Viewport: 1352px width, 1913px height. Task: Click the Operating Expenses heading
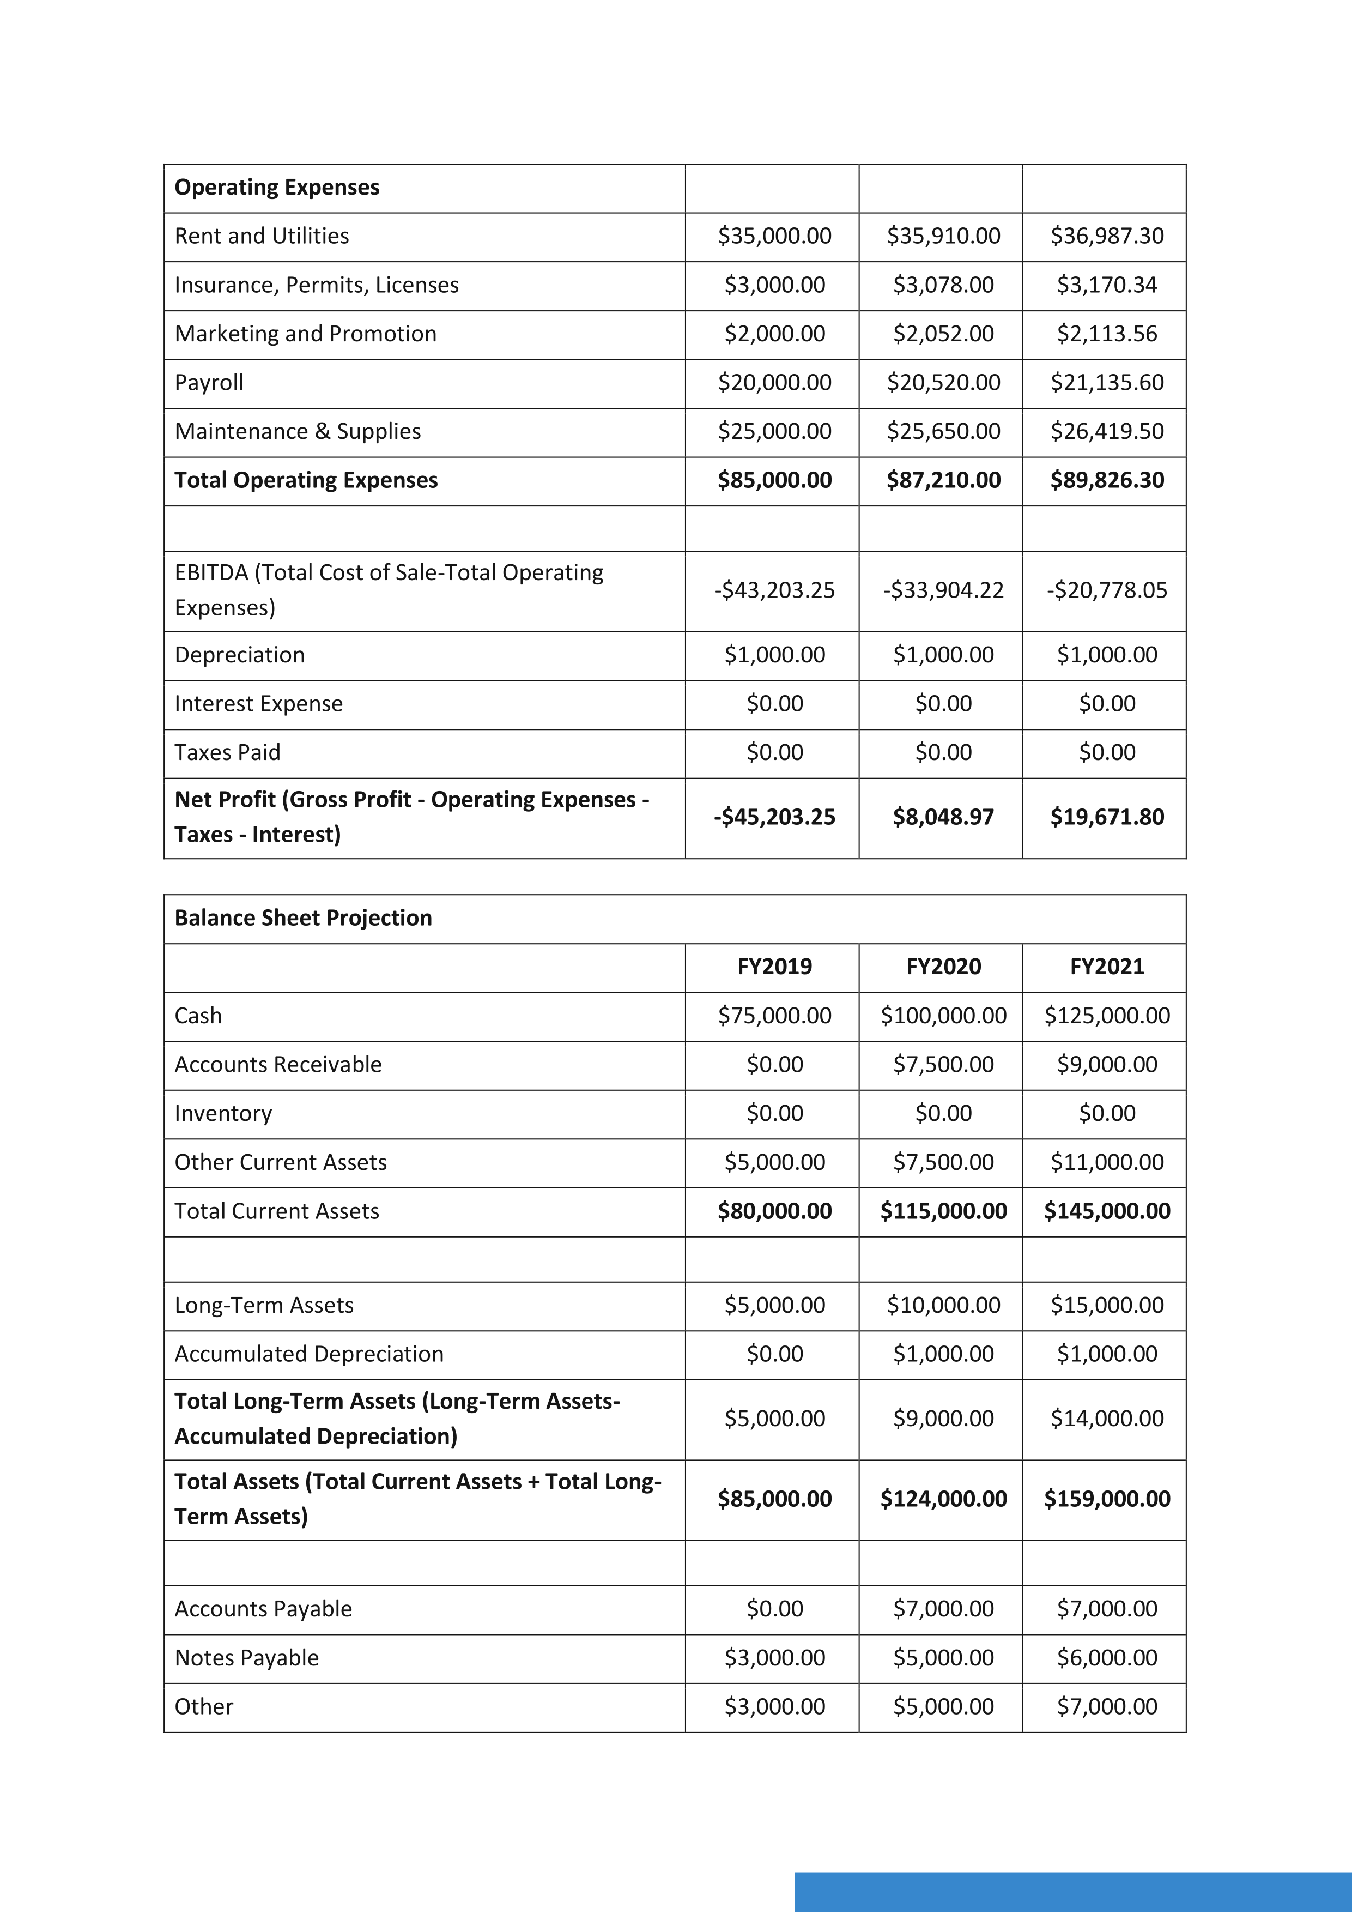tap(277, 188)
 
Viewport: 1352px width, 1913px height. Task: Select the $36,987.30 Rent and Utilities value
tap(1106, 236)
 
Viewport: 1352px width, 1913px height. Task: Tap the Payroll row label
tap(209, 382)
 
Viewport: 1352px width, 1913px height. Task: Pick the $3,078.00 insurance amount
tap(943, 285)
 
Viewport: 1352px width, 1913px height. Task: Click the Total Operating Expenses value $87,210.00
tap(943, 480)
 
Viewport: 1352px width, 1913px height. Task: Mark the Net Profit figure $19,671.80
tap(1106, 817)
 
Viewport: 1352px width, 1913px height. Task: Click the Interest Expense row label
tap(258, 704)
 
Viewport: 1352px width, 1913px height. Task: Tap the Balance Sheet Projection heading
tap(303, 918)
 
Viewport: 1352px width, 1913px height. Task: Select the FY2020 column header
tap(943, 967)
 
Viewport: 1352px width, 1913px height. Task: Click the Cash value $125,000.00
tap(1106, 1016)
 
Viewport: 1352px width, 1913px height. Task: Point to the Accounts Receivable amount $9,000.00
tap(1106, 1064)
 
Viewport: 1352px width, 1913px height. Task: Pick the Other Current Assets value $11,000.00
tap(1106, 1162)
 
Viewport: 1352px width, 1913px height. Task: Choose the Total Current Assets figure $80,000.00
tap(774, 1211)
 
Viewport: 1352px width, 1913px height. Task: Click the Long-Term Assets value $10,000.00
tap(943, 1305)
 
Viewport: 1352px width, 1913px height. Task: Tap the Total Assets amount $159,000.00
tap(1106, 1499)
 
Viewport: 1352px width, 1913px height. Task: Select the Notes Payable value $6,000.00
tap(1106, 1658)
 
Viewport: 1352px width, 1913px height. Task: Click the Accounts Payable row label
tap(263, 1609)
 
